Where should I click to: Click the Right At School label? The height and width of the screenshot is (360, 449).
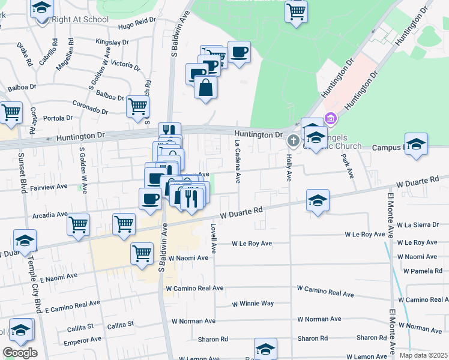pos(80,19)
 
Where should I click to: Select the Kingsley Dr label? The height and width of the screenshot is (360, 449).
pos(112,43)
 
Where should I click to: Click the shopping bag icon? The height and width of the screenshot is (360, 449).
pos(205,88)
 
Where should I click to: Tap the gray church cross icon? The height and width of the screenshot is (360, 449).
pos(294,141)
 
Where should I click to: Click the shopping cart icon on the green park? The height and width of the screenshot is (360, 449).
pos(296,11)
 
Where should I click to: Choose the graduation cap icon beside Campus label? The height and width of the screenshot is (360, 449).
pos(415,145)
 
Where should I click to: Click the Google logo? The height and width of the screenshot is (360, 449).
pos(20,352)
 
